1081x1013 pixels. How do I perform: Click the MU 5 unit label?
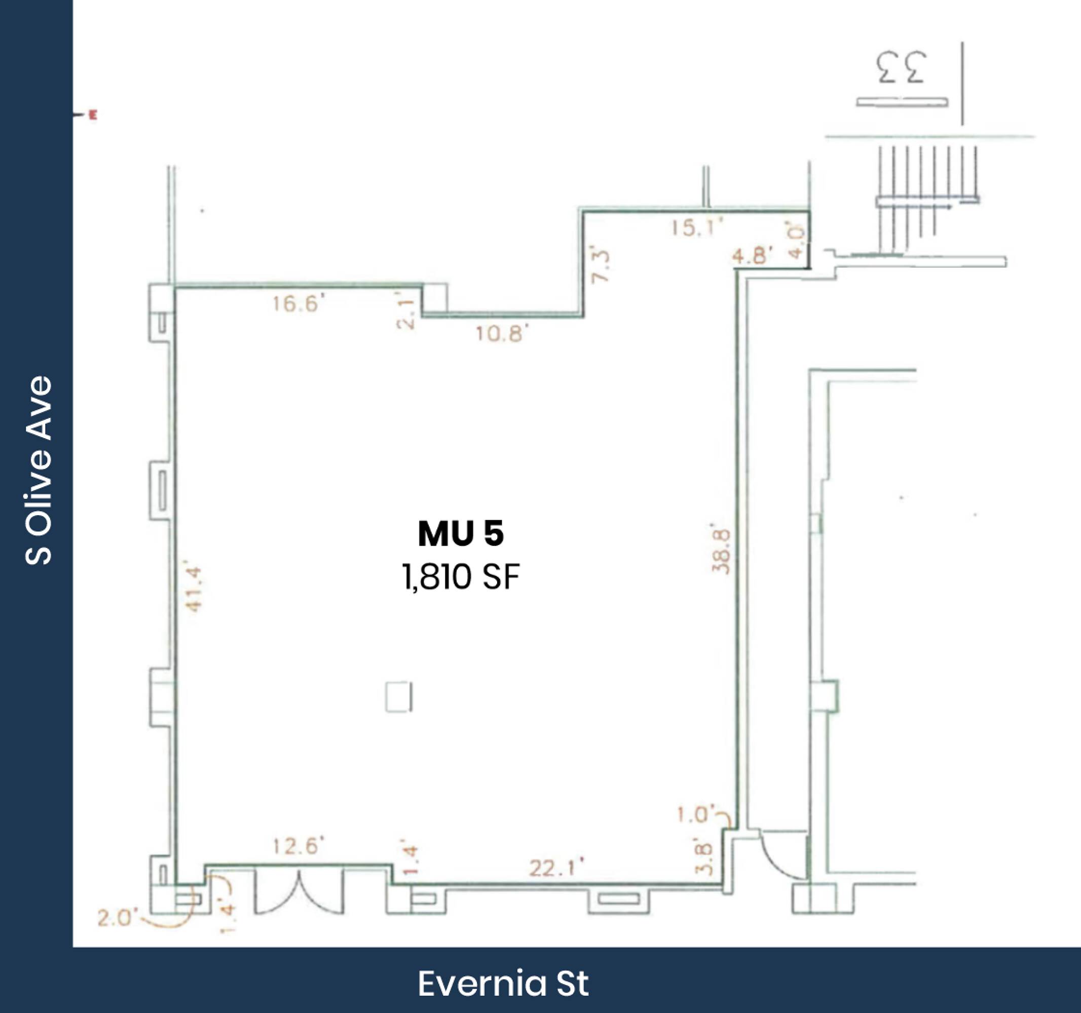pos(461,534)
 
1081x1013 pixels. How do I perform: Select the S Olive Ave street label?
pos(39,470)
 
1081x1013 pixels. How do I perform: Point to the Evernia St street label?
pos(503,983)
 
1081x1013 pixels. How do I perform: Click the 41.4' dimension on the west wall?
pos(194,590)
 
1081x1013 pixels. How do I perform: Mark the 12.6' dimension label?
pos(299,846)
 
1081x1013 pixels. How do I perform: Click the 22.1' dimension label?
pos(557,869)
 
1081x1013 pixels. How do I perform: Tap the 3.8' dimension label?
pos(704,858)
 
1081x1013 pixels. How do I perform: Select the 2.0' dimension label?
pos(114,918)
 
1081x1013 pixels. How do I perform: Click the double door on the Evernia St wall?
pos(300,891)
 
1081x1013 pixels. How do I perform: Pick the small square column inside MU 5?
pos(398,697)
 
